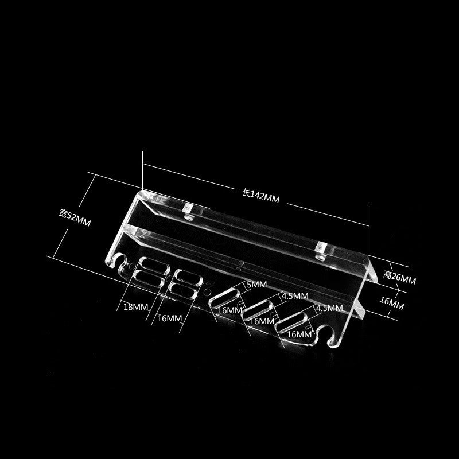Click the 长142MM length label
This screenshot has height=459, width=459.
pyautogui.click(x=261, y=196)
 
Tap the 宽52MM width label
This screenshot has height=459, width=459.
pyautogui.click(x=75, y=217)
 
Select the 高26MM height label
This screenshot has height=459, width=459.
pyautogui.click(x=399, y=277)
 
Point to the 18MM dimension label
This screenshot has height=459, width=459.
pyautogui.click(x=136, y=307)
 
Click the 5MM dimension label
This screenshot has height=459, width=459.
pyautogui.click(x=256, y=285)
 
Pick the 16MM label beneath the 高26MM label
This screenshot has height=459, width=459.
pyautogui.click(x=392, y=303)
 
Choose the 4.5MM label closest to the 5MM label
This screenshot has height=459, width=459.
pyautogui.click(x=295, y=296)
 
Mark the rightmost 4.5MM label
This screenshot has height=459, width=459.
pyautogui.click(x=329, y=308)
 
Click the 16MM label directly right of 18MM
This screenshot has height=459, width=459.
pyautogui.click(x=169, y=318)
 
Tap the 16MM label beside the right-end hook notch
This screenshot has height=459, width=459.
pyautogui.click(x=299, y=334)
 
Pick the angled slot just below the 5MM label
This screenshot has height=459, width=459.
pyautogui.click(x=224, y=297)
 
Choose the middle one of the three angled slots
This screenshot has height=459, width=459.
pyautogui.click(x=258, y=310)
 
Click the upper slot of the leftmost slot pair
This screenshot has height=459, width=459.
pyautogui.click(x=154, y=265)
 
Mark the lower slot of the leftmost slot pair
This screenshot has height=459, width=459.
pyautogui.click(x=149, y=278)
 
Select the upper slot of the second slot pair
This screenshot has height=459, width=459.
pyautogui.click(x=189, y=278)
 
